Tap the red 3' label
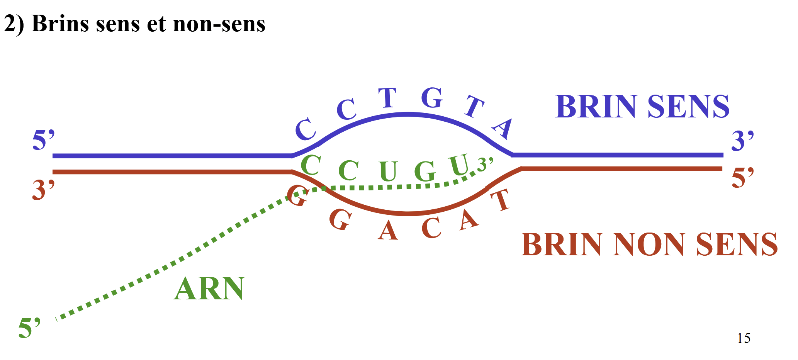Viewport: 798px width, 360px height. click(43, 190)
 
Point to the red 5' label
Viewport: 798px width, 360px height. click(742, 178)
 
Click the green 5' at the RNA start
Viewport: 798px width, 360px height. click(29, 328)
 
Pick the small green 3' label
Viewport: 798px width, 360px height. click(485, 164)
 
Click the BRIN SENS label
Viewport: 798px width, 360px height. click(642, 107)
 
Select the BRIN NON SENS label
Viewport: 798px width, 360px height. click(649, 245)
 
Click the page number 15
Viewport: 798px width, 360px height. click(744, 338)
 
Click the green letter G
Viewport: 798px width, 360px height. click(425, 171)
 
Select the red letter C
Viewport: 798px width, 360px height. click(431, 227)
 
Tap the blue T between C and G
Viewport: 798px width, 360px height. click(387, 98)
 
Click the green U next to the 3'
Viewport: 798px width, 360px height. click(459, 165)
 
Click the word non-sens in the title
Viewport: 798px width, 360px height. click(219, 24)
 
